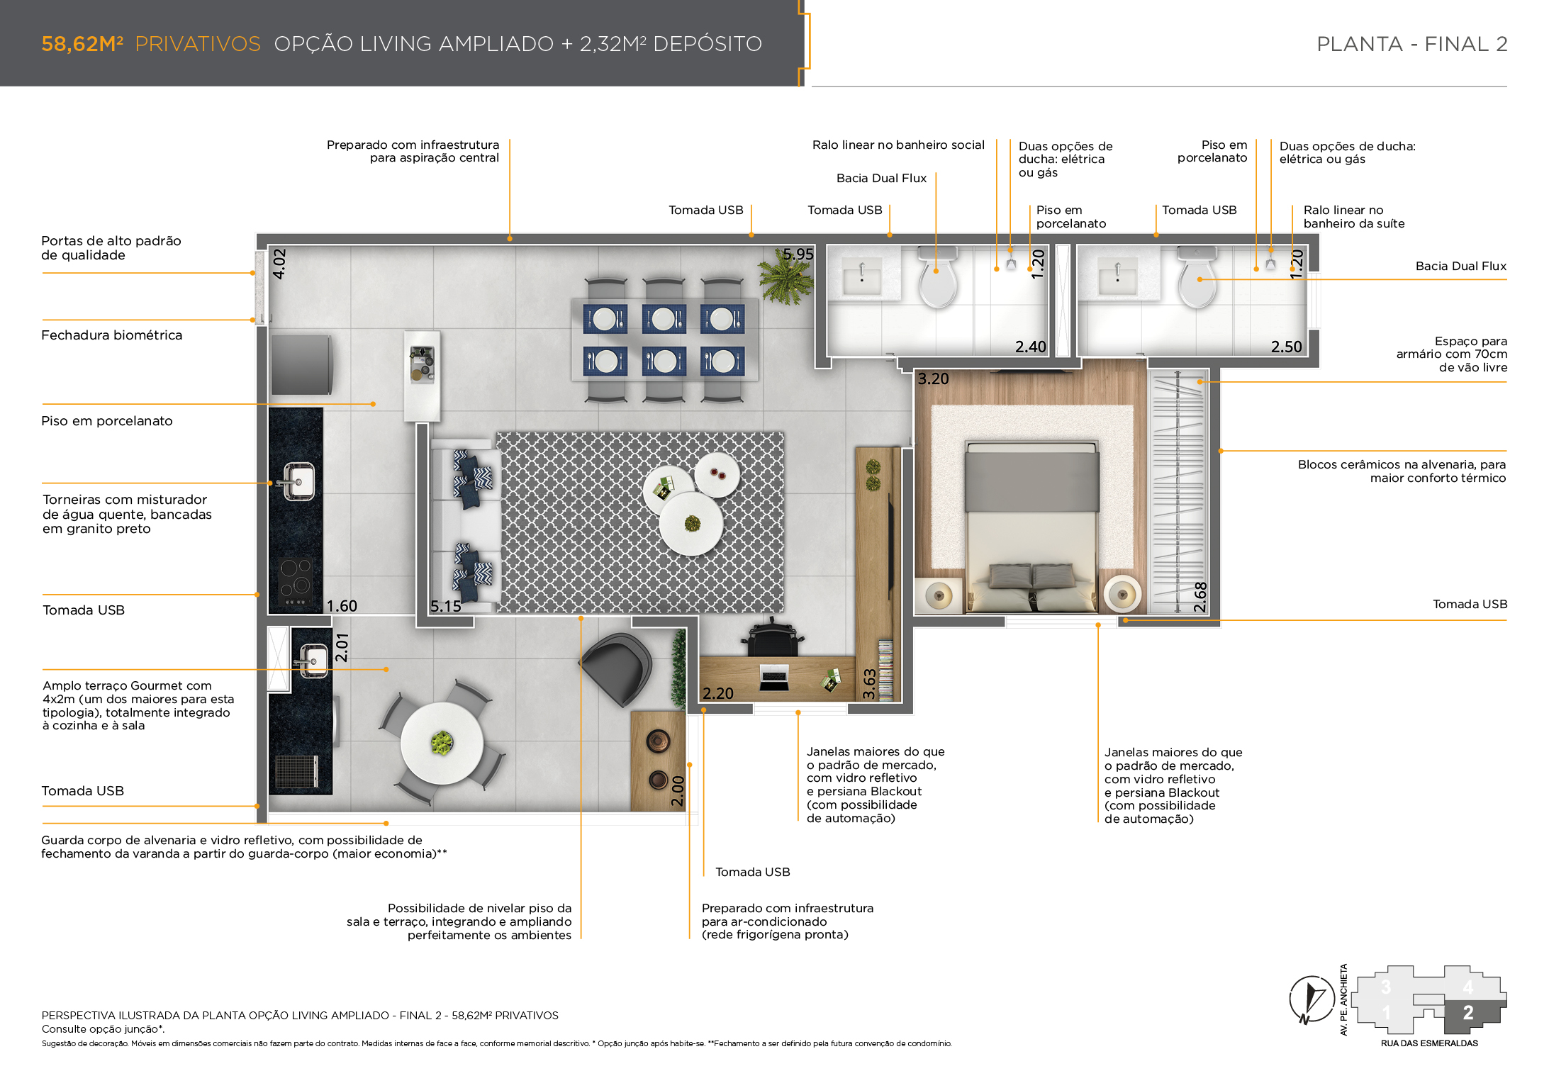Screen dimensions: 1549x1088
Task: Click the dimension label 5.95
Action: point(798,254)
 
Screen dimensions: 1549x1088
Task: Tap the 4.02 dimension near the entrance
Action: point(279,264)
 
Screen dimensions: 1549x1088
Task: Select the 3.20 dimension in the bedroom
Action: point(933,378)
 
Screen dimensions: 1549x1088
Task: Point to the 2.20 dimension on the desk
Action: point(717,693)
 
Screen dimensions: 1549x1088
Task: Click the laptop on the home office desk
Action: point(774,678)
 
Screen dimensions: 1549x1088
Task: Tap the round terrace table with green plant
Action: point(442,743)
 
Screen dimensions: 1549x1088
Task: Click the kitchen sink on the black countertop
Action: point(298,481)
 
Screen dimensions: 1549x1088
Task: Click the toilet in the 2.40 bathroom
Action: point(937,278)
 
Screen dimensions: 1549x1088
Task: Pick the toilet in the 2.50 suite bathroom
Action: point(1197,278)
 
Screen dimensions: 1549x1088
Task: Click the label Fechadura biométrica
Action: point(112,335)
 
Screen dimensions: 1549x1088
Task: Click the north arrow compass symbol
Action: point(1312,999)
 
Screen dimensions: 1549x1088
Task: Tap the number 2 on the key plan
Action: point(1468,1013)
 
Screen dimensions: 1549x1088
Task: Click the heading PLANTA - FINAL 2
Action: point(1411,44)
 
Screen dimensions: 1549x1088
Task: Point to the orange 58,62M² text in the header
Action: point(82,44)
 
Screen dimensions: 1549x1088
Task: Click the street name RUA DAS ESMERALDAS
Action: point(1429,1043)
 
